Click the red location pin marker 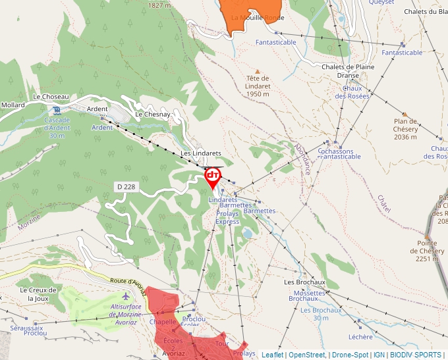coord(212,178)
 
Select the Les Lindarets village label coord(201,153)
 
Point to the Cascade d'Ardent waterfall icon coord(57,110)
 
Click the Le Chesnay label coord(153,115)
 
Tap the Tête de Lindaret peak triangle coord(258,71)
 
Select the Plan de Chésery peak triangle coord(405,114)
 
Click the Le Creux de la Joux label coord(38,294)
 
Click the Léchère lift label coord(360,337)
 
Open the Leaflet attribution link coord(272,355)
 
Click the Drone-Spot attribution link coord(349,355)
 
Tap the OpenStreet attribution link coord(308,355)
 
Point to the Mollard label coord(13,105)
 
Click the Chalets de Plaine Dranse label coord(348,70)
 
